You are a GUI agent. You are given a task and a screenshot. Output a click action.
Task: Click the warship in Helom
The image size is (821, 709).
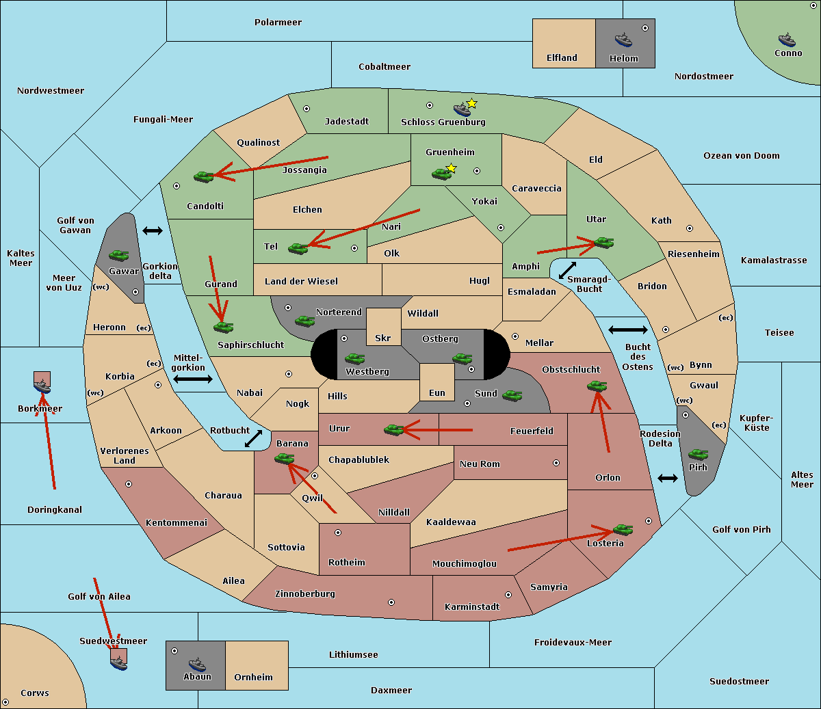coord(623,40)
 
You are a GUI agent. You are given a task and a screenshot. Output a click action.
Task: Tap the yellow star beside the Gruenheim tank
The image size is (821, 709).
coord(452,168)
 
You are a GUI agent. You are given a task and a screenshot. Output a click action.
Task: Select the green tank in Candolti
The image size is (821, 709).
coord(204,176)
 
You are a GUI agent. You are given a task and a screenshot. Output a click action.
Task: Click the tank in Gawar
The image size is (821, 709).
coord(119,255)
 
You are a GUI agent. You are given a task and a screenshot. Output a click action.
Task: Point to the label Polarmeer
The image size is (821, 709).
coord(278,23)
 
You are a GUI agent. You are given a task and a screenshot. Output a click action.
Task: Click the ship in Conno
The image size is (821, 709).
coord(787,40)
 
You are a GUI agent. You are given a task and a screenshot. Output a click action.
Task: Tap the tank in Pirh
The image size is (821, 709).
coord(698,454)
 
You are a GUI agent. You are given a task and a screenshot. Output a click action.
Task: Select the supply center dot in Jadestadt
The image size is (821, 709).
coord(307,109)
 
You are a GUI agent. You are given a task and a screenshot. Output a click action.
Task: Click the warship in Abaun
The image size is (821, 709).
coord(198,664)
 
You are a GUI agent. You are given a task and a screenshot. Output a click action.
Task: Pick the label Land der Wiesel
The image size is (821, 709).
coord(301,282)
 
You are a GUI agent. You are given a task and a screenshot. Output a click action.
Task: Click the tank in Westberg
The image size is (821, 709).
coord(354,358)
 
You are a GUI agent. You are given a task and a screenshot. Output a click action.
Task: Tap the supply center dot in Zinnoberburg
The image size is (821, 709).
coord(391,602)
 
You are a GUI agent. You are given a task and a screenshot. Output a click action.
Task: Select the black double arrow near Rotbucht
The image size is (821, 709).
coord(253,439)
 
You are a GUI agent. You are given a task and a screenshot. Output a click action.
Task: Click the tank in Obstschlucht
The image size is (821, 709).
coord(597,386)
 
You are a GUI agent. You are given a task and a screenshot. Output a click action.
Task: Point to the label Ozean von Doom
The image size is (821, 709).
coord(742,156)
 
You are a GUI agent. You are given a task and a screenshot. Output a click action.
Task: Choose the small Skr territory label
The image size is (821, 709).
coord(383,338)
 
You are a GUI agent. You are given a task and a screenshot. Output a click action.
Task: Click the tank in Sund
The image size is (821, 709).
coord(512,395)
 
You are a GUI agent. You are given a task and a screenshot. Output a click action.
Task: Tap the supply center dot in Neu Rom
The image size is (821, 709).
coord(556,463)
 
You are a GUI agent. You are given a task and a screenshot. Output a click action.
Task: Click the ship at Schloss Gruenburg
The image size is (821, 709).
coord(462,109)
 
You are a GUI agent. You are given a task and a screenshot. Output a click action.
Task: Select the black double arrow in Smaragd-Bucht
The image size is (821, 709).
coord(567,270)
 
